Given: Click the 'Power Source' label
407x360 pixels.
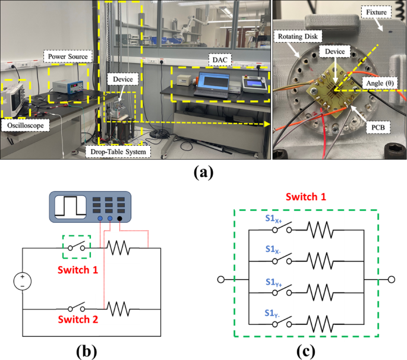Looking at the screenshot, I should coord(67,57).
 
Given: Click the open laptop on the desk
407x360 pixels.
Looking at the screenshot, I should coord(216,83).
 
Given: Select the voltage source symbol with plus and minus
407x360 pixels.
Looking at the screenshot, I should coord(22,279).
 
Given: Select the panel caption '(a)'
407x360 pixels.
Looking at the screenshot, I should coord(203,172).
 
